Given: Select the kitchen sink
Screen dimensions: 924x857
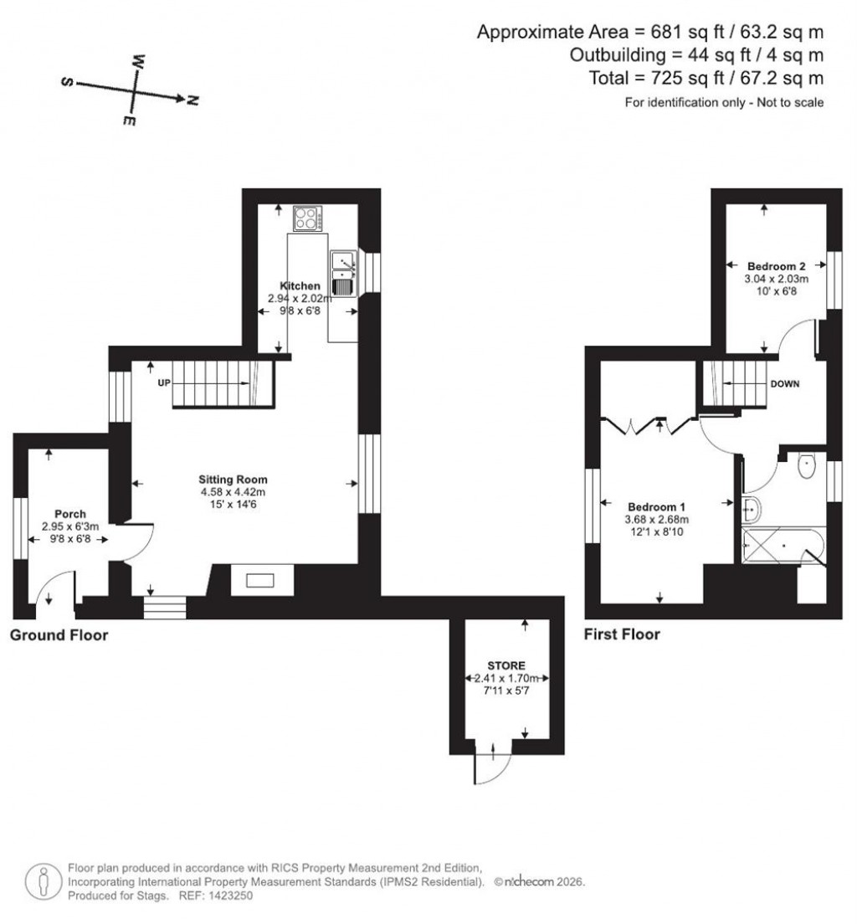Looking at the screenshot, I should coord(344,274).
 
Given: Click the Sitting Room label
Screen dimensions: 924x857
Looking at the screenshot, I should coord(233,480).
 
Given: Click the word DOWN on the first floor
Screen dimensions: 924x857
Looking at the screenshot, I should coord(784,384).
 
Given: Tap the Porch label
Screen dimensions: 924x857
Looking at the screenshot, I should coord(70,514).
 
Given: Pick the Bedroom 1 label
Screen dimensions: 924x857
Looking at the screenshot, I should coord(657,506).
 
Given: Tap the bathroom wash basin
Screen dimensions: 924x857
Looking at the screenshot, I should coord(751,506).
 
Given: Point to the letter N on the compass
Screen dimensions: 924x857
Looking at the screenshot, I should coord(192,100).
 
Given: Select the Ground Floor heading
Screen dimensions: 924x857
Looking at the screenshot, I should coord(59,635).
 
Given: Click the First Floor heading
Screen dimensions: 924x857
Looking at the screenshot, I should coord(622,634).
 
